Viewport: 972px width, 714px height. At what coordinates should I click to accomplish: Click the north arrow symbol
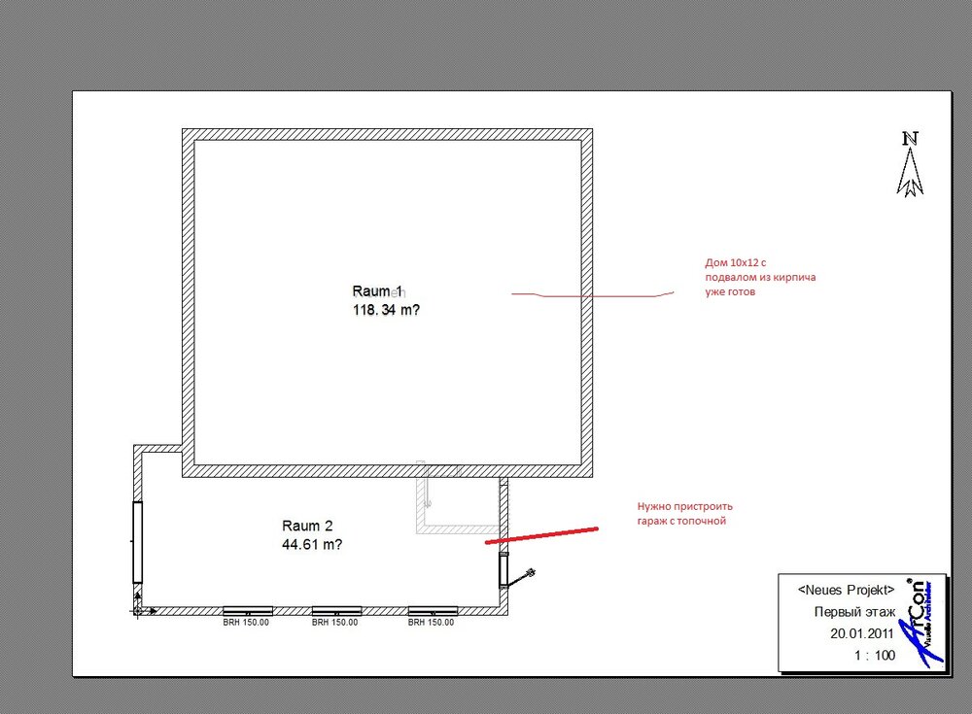pyautogui.click(x=911, y=165)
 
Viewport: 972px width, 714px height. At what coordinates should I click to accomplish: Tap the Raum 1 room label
pyautogui.click(x=378, y=291)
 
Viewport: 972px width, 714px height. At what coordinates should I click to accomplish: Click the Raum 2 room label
pyautogui.click(x=307, y=526)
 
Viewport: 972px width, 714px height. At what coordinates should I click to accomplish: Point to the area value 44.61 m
pyautogui.click(x=311, y=545)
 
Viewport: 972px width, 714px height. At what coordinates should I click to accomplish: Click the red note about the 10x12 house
pyautogui.click(x=759, y=277)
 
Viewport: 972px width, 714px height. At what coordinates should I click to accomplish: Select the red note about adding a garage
pyautogui.click(x=684, y=514)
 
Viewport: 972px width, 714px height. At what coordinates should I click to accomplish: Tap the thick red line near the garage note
pyautogui.click(x=541, y=534)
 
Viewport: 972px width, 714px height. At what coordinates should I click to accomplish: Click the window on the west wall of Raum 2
pyautogui.click(x=138, y=542)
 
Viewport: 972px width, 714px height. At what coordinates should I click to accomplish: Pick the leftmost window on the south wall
pyautogui.click(x=247, y=610)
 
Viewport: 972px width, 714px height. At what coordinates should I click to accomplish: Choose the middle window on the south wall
pyautogui.click(x=335, y=610)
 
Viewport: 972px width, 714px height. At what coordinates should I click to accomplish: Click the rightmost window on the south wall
pyautogui.click(x=433, y=610)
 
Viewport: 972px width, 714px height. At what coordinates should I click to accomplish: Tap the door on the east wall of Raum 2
pyautogui.click(x=503, y=570)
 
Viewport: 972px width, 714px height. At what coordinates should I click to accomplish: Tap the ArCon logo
pyautogui.click(x=922, y=622)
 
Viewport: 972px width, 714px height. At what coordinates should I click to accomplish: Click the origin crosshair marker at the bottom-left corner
pyautogui.click(x=140, y=610)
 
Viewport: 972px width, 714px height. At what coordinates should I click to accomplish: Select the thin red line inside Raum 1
pyautogui.click(x=592, y=293)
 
